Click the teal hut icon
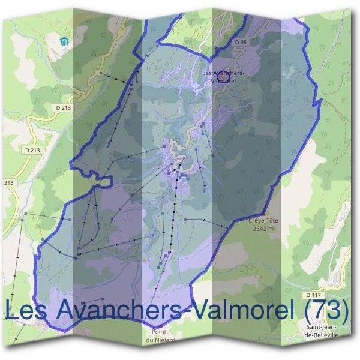coord(64,41)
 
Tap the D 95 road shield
coord(241,42)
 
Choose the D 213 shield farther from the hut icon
coord(33,148)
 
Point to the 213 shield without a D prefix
coord(8,182)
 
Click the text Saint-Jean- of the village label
coord(322,327)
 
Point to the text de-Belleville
coord(322,335)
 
